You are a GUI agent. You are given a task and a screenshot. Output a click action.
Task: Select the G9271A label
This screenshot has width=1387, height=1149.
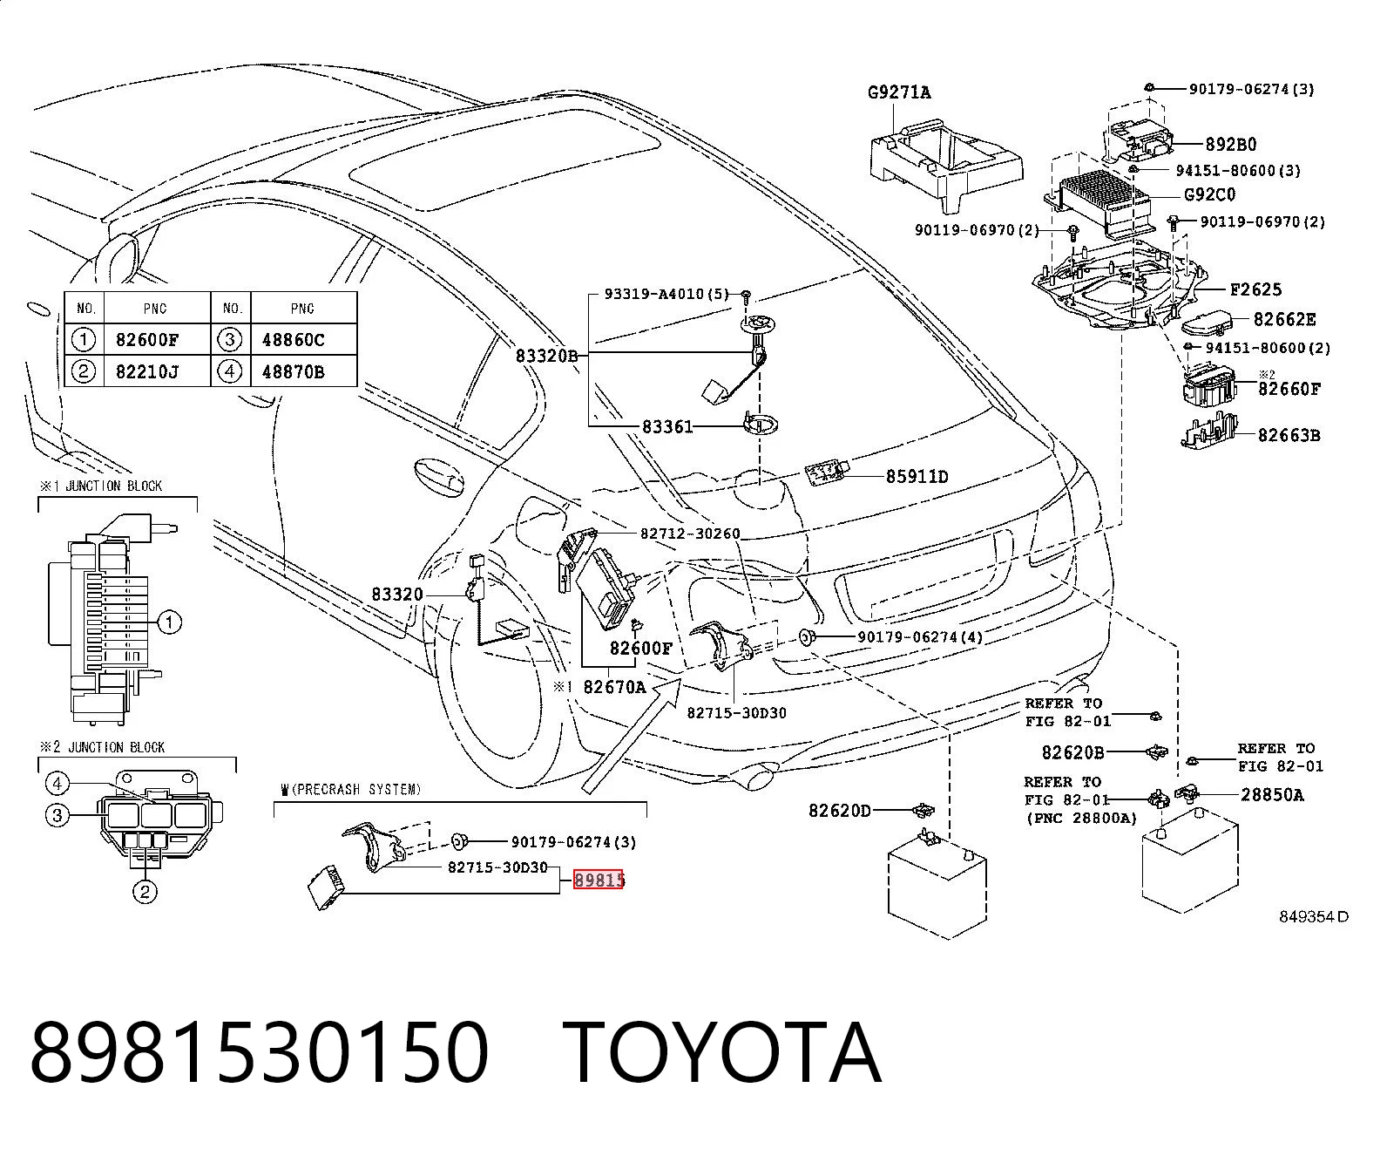coord(899,92)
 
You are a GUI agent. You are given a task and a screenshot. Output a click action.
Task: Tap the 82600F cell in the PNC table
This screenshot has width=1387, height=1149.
coord(147,340)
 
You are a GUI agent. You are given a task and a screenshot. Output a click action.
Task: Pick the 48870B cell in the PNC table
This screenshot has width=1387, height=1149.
coord(293,371)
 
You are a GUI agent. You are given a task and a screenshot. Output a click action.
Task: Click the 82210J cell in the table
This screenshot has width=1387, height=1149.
coord(147,371)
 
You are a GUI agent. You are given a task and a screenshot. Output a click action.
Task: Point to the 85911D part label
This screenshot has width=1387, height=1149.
coord(917,477)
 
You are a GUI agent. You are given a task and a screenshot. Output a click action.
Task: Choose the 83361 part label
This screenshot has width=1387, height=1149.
coord(667,426)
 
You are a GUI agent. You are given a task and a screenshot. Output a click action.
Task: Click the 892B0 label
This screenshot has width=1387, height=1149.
coord(1231,145)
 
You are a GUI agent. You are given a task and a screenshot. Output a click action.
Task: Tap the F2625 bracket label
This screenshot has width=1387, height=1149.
coord(1255,289)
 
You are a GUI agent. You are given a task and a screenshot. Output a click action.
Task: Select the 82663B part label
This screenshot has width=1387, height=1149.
coord(1289,436)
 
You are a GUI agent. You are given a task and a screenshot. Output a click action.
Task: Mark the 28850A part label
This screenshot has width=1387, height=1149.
coord(1272,794)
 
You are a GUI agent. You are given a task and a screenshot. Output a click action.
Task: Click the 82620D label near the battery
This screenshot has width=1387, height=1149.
coord(839,811)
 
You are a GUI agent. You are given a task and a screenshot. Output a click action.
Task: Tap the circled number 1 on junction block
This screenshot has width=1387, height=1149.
coord(169,622)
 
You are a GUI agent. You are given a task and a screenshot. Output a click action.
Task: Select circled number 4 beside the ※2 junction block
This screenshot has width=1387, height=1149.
coord(58,784)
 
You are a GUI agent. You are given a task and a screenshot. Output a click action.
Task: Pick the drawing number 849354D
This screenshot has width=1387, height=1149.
coord(1313,917)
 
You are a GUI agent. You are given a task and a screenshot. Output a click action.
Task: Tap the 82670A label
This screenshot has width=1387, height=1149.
coord(614,687)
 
